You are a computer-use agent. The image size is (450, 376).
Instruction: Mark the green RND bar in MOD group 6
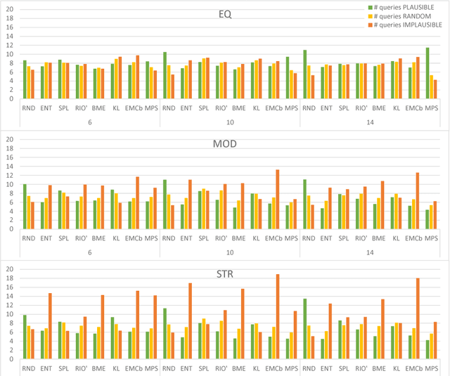click(25, 207)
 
